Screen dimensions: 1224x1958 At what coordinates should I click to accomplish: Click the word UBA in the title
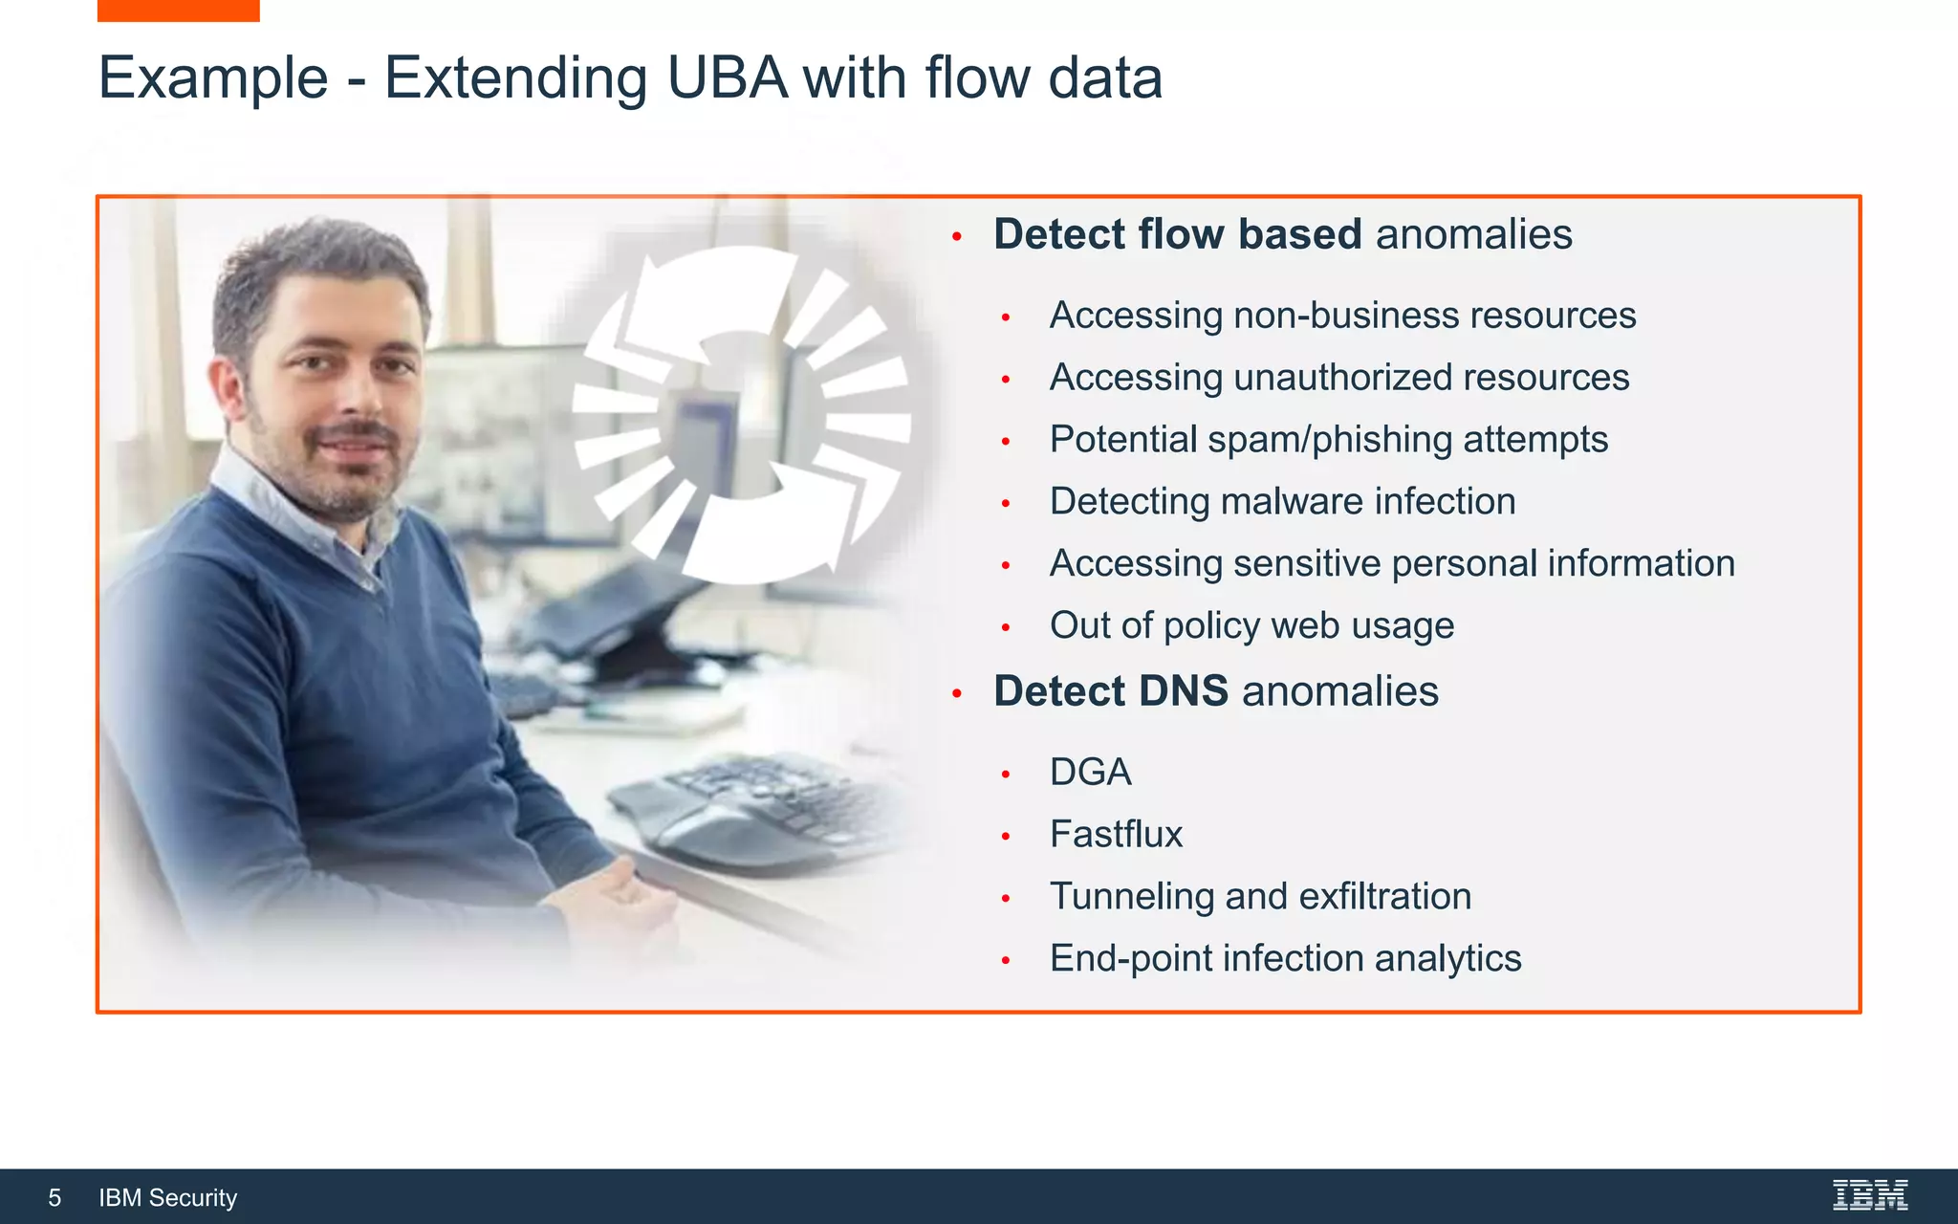727,78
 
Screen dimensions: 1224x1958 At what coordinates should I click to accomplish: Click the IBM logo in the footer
1870,1195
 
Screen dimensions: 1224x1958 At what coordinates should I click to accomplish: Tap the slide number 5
54,1198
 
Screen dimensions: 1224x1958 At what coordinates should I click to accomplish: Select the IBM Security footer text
168,1198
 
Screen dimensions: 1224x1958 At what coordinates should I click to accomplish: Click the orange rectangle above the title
178,11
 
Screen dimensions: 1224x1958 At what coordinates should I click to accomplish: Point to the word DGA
1090,773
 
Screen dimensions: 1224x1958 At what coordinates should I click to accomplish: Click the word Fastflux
1116,835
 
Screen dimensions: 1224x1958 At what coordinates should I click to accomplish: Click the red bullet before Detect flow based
956,236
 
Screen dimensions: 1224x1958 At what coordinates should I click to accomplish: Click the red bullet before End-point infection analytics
1006,960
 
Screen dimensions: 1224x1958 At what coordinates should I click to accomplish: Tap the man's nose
356,400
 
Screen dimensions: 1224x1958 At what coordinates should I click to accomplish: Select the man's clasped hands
621,899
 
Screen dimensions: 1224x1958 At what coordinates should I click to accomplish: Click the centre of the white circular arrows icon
742,414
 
